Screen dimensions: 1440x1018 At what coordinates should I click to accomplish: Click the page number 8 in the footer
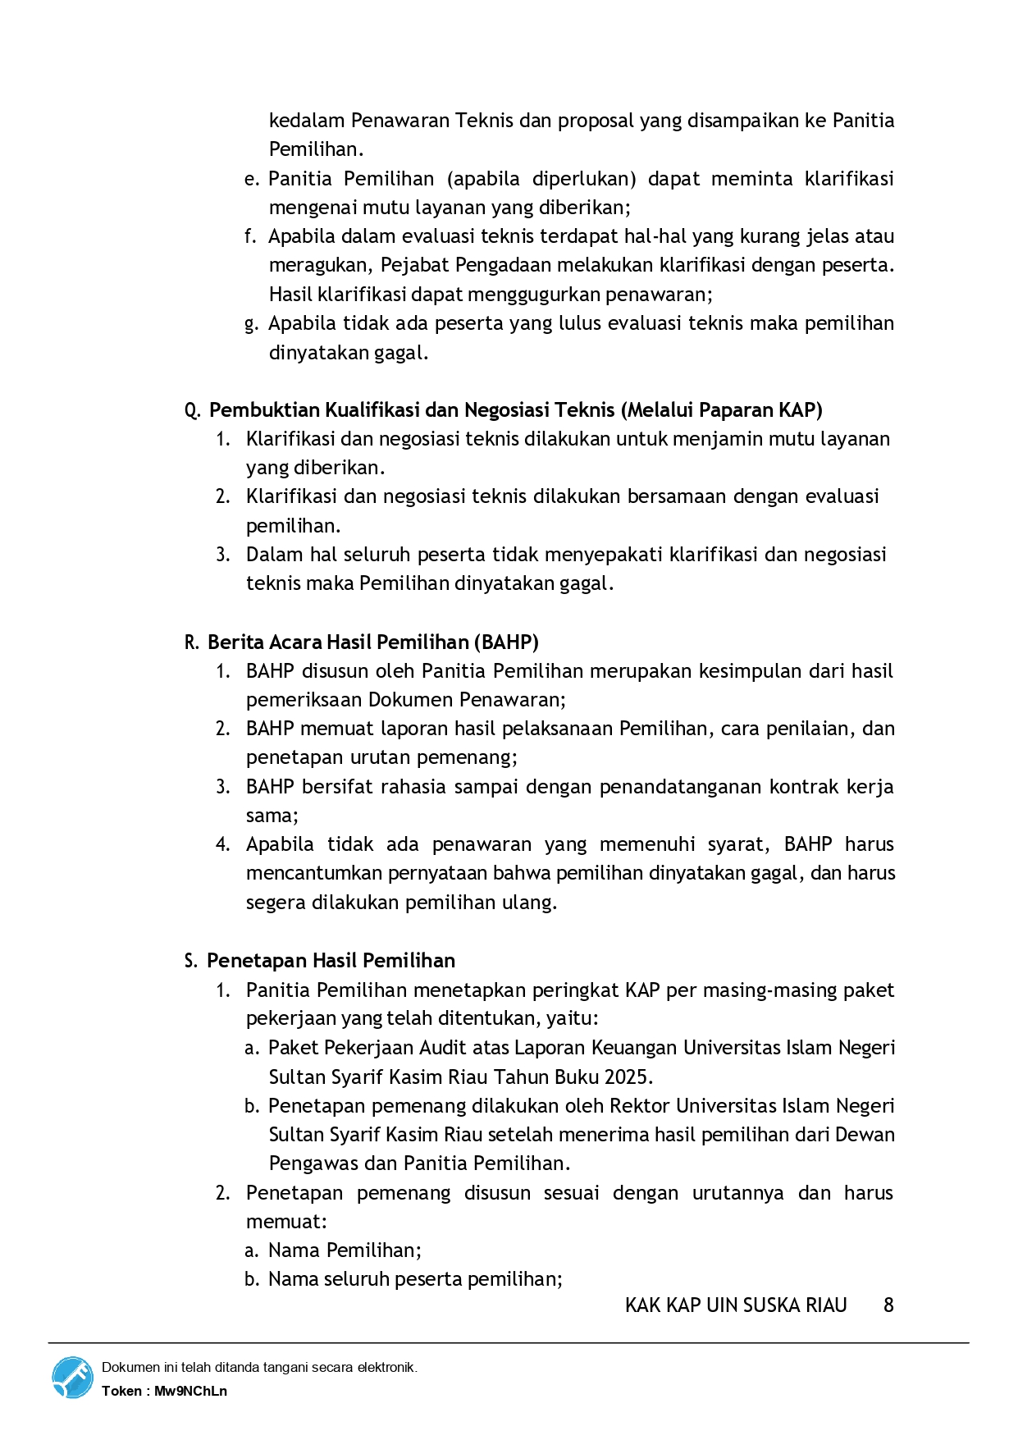888,1305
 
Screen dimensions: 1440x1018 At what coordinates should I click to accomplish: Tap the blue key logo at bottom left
73,1378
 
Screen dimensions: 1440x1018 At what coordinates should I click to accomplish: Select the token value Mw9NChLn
190,1391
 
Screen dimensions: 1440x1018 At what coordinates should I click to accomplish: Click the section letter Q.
193,410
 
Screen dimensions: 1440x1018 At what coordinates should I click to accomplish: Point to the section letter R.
192,642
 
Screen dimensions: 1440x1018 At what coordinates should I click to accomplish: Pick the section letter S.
191,961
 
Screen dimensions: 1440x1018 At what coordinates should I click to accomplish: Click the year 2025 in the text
628,1077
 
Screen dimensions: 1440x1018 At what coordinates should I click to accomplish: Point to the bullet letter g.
251,323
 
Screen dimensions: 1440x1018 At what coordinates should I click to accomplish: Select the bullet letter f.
250,236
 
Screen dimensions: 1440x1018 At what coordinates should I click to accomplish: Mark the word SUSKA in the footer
779,1305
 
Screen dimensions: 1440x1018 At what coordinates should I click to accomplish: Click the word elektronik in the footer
386,1367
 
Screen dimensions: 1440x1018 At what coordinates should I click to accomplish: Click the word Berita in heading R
236,642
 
